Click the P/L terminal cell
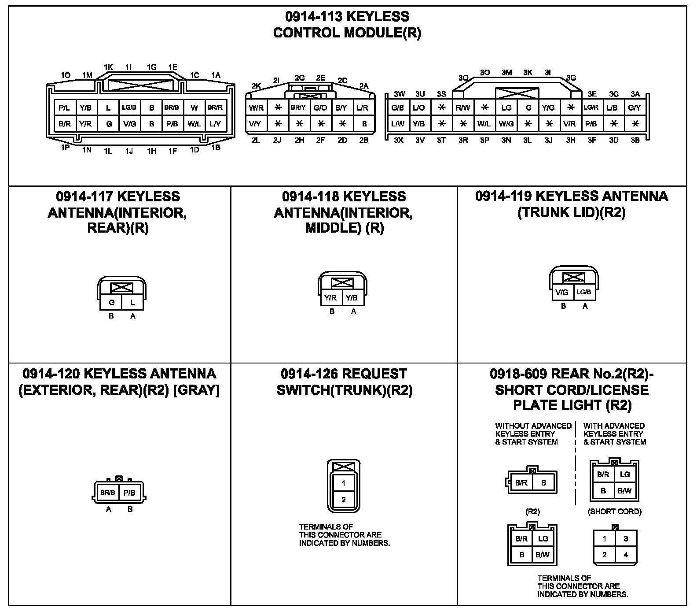click(x=65, y=108)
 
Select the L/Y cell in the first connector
click(x=215, y=124)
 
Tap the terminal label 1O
click(x=66, y=75)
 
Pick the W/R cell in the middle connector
click(x=256, y=108)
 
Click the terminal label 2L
click(x=256, y=140)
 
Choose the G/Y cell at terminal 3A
click(x=635, y=108)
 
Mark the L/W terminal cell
click(x=397, y=124)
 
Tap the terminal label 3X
click(x=398, y=140)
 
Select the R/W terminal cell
click(x=462, y=108)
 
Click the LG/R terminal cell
click(x=591, y=108)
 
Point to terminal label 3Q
click(x=463, y=78)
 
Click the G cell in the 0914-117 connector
click(x=111, y=303)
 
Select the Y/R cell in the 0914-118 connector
click(x=330, y=298)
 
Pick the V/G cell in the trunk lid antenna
click(x=562, y=292)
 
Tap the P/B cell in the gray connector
click(x=129, y=493)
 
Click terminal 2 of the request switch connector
click(x=344, y=500)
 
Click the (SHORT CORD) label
click(x=614, y=512)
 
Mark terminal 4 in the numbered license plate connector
click(x=626, y=555)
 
